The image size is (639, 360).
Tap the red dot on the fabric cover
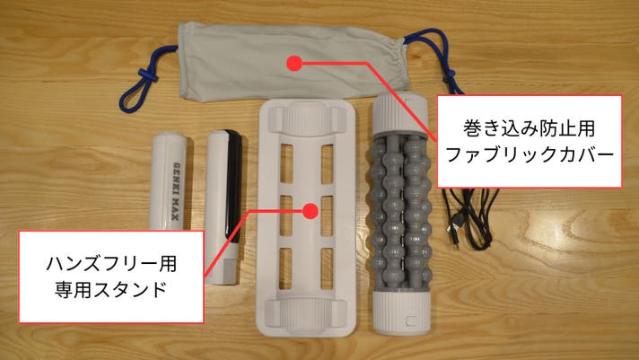point(293,64)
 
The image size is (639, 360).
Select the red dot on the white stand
point(311,211)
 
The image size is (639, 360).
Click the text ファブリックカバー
point(530,155)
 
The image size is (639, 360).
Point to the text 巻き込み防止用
point(530,128)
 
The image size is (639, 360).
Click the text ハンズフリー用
point(111,263)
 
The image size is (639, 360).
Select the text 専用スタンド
point(111,290)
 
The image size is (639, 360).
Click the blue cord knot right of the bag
point(450,75)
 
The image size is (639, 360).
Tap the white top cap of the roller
point(400,114)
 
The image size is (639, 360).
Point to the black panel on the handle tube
point(233,186)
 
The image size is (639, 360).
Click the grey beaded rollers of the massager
point(400,212)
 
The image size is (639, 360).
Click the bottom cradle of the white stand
point(306,314)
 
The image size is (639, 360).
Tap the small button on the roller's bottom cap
point(411,320)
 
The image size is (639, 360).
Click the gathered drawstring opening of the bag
point(398,61)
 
